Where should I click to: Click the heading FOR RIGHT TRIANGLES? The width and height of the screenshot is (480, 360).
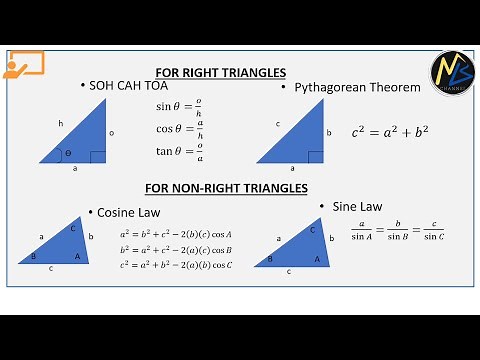[x=221, y=72]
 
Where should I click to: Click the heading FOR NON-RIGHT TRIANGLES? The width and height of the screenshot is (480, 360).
[x=225, y=188]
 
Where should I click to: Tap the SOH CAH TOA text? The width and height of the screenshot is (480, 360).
[x=123, y=86]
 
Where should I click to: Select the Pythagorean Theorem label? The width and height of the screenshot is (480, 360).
[x=357, y=88]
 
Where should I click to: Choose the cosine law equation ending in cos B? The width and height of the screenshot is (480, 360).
[x=176, y=250]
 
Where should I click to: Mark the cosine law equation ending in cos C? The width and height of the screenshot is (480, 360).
[x=176, y=265]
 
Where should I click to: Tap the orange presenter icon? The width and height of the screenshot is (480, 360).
[x=22, y=65]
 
